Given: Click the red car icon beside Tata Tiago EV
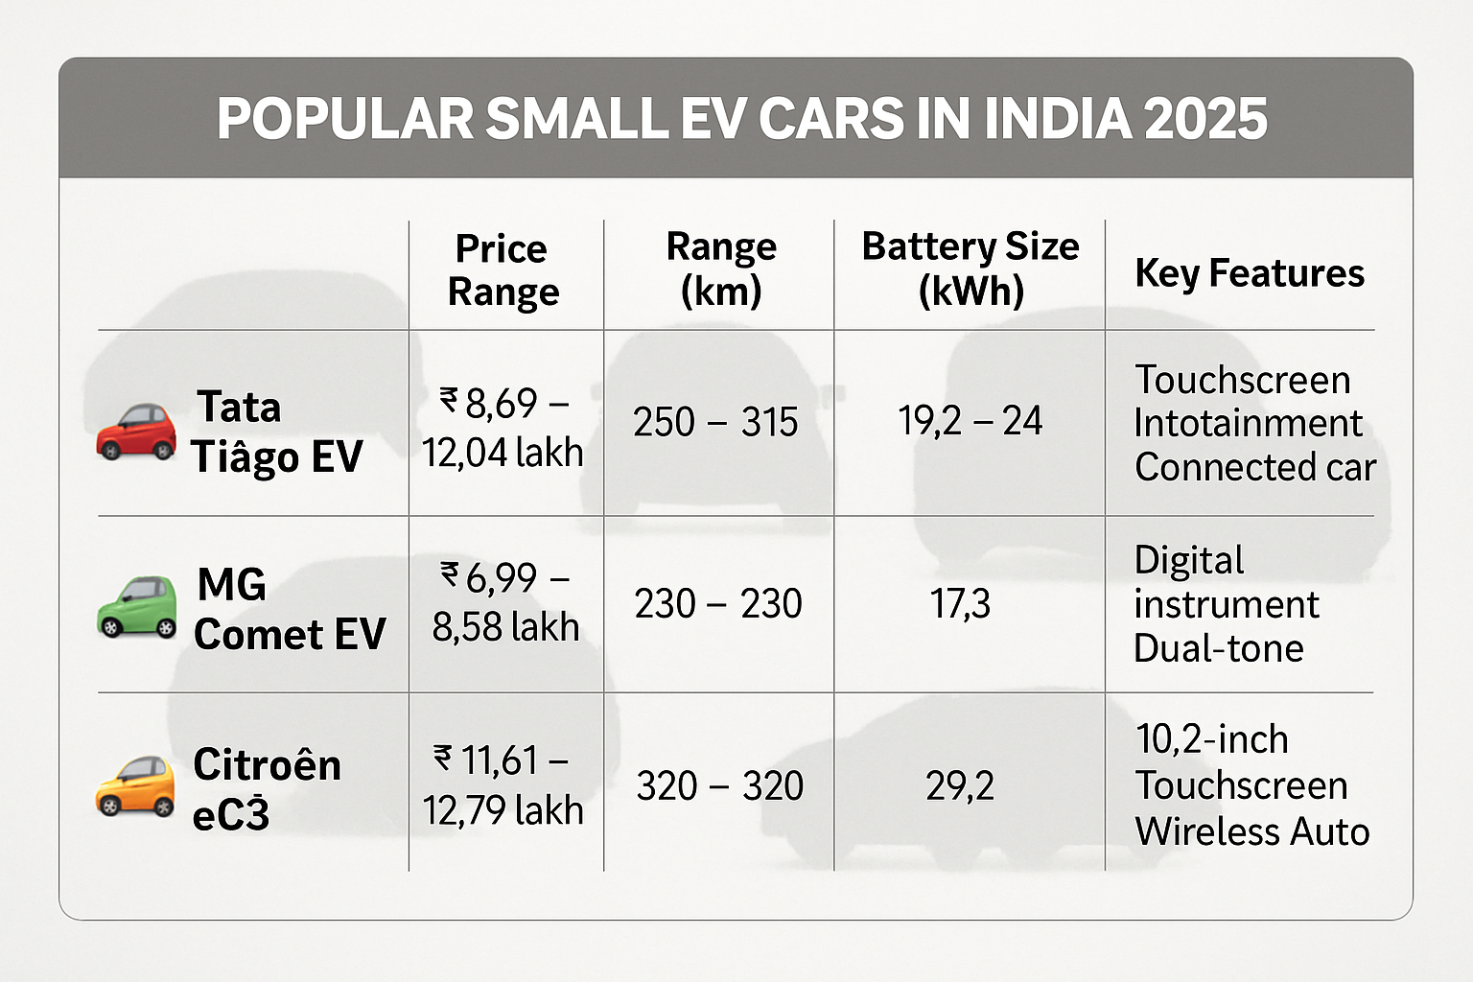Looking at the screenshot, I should coord(136,432).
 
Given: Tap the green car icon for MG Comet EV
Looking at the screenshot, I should coord(137,607).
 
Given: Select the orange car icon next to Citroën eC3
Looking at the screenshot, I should coord(135,785).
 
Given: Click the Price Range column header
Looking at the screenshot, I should coord(503,270).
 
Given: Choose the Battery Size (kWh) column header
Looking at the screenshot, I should coord(970,269).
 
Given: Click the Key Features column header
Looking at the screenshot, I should coord(1249,273).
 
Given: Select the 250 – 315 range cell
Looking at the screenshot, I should coord(715,422).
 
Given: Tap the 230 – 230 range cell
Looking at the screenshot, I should coord(717,604).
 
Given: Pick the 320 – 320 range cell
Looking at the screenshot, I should coord(719,786).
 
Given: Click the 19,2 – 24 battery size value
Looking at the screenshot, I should coord(970,421).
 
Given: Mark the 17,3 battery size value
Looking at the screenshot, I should coord(960,604).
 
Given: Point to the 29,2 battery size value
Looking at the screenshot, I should coord(960,786).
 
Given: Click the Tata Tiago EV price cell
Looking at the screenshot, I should coord(503,428).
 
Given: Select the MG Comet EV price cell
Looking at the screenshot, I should coord(505,602).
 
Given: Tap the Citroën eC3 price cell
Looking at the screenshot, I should coord(503,785).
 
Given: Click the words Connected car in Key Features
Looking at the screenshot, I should coord(1254,468).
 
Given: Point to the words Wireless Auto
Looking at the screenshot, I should coord(1251,831).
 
